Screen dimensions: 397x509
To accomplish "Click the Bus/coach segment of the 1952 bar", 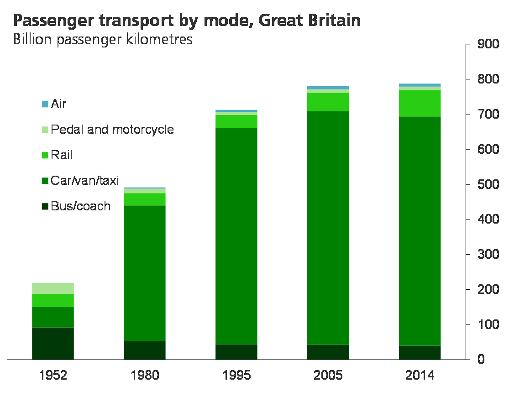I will (x=53, y=343).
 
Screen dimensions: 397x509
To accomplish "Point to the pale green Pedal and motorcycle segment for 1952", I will (x=53, y=288).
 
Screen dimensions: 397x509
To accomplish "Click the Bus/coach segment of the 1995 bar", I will (x=236, y=351).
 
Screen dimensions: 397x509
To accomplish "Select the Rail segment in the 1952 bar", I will (x=53, y=300).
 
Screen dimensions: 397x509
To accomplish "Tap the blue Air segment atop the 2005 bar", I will (x=328, y=88).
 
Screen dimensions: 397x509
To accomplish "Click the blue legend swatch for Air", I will (x=45, y=104).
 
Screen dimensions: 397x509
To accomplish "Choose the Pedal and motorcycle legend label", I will (x=112, y=130).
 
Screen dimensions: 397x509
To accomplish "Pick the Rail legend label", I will (x=62, y=155).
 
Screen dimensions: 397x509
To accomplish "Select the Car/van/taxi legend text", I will (x=85, y=181).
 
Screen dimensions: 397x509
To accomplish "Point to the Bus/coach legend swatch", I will (x=45, y=207).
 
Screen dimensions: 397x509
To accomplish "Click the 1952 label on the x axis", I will (x=53, y=376).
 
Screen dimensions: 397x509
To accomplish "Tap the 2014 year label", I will (x=420, y=376).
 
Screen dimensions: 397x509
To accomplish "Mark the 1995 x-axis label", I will (x=236, y=376).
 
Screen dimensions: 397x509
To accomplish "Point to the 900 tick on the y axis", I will (x=487, y=44).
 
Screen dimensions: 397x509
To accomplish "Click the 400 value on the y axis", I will (x=487, y=219).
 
